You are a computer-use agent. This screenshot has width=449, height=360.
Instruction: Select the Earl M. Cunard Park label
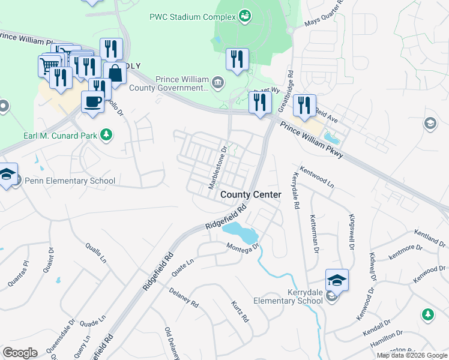[x=59, y=136]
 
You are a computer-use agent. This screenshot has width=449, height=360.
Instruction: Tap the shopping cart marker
[x=50, y=64]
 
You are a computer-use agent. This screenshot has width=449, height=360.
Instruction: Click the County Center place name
[x=250, y=195]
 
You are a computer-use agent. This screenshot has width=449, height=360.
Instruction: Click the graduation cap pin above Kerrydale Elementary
[x=337, y=279]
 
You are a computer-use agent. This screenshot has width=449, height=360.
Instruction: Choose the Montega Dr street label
[x=243, y=247]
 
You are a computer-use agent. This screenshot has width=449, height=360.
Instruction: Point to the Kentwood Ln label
[x=316, y=176]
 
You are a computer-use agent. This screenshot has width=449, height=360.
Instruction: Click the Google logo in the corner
[x=20, y=353]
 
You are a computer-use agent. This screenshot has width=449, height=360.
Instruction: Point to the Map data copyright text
[x=412, y=355]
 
